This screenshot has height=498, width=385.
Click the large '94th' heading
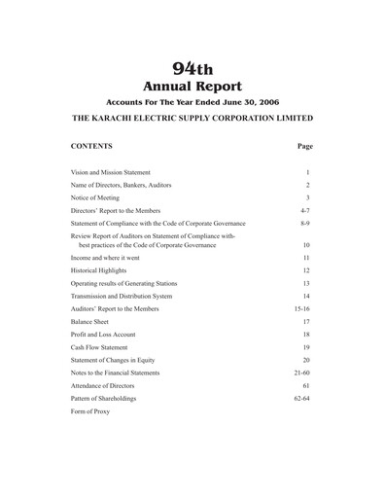coord(192,66)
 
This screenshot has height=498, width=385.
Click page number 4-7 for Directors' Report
coord(305,210)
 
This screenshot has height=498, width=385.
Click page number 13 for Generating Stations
coord(306,283)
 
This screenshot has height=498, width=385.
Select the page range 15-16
coord(303,308)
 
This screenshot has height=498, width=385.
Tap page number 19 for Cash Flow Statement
coord(306,347)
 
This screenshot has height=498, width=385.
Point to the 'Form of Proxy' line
coord(90,410)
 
